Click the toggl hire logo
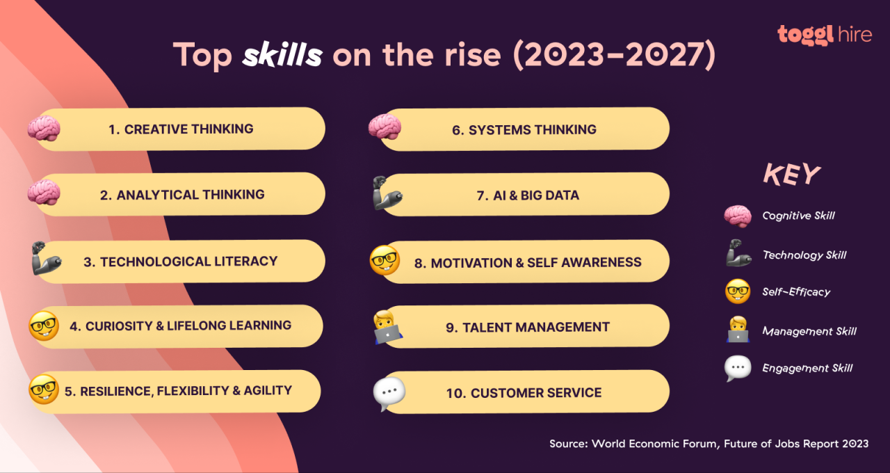(x=824, y=34)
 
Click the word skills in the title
(x=282, y=55)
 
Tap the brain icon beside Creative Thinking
(x=44, y=129)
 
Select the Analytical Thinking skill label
(x=181, y=195)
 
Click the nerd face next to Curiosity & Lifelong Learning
(x=43, y=326)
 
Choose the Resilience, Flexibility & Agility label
(x=178, y=391)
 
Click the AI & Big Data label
(x=527, y=195)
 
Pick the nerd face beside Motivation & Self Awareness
(x=385, y=260)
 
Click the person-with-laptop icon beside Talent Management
(x=385, y=328)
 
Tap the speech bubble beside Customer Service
(x=389, y=393)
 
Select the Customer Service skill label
(x=524, y=393)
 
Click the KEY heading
(x=791, y=175)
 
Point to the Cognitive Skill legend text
(x=798, y=216)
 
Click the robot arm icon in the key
(x=737, y=255)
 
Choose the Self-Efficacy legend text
(x=795, y=292)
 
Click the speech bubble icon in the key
(x=737, y=368)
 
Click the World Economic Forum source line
(x=709, y=444)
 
